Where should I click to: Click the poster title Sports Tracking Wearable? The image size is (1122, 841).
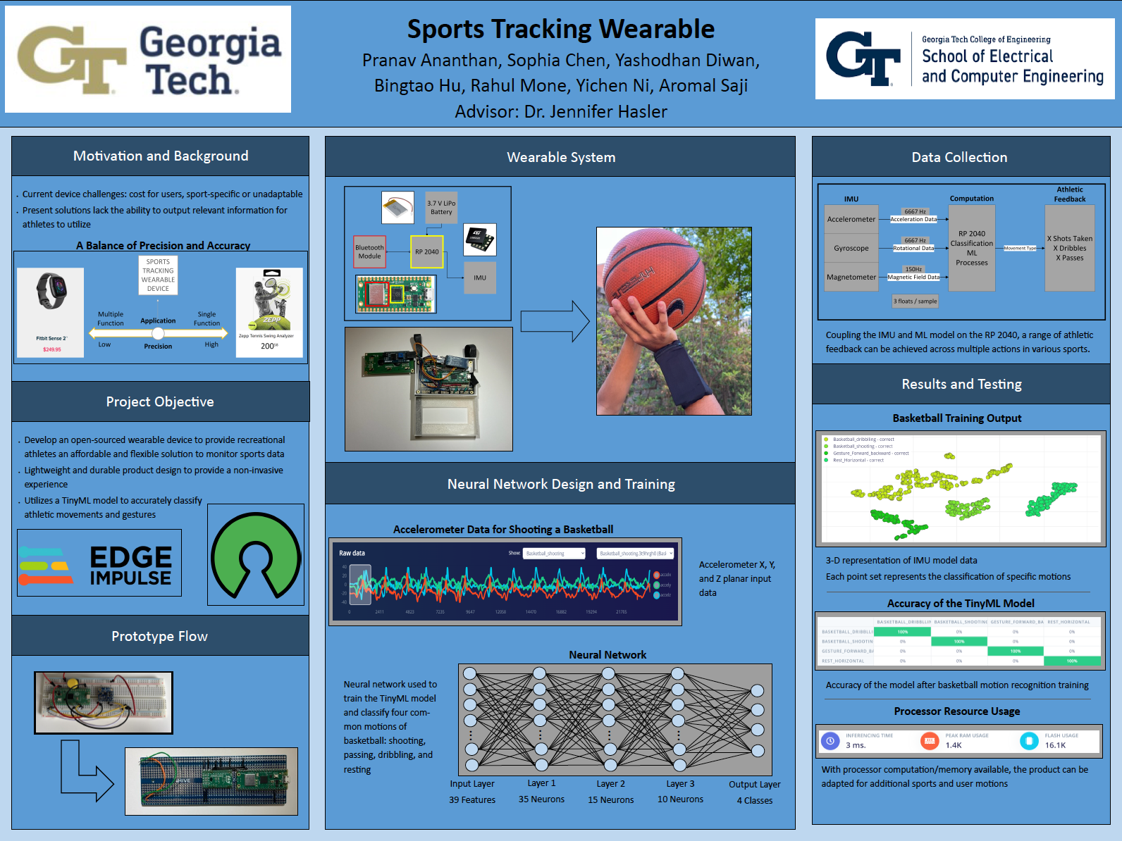(x=561, y=30)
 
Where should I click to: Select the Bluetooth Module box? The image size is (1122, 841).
(x=369, y=251)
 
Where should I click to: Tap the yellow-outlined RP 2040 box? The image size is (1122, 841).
(x=426, y=251)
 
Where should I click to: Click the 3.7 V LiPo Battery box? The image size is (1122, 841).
(x=441, y=207)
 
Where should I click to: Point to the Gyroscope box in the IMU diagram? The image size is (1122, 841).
(x=851, y=248)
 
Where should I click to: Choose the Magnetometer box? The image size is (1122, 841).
(x=851, y=277)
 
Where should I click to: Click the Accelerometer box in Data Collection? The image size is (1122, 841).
(x=851, y=219)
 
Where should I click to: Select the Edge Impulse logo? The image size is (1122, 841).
(x=99, y=563)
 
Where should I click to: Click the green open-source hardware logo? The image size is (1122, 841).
(x=256, y=554)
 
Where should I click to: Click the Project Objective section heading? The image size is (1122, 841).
(x=160, y=401)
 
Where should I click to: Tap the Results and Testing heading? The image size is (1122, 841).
(x=961, y=384)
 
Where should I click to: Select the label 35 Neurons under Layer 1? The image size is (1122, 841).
(x=541, y=799)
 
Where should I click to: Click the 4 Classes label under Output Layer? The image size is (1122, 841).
(x=755, y=800)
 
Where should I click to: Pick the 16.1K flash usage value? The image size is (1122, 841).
(x=1055, y=745)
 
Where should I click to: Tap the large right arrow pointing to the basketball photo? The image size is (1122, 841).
(x=555, y=321)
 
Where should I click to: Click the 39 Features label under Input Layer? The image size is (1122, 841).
(x=472, y=800)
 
